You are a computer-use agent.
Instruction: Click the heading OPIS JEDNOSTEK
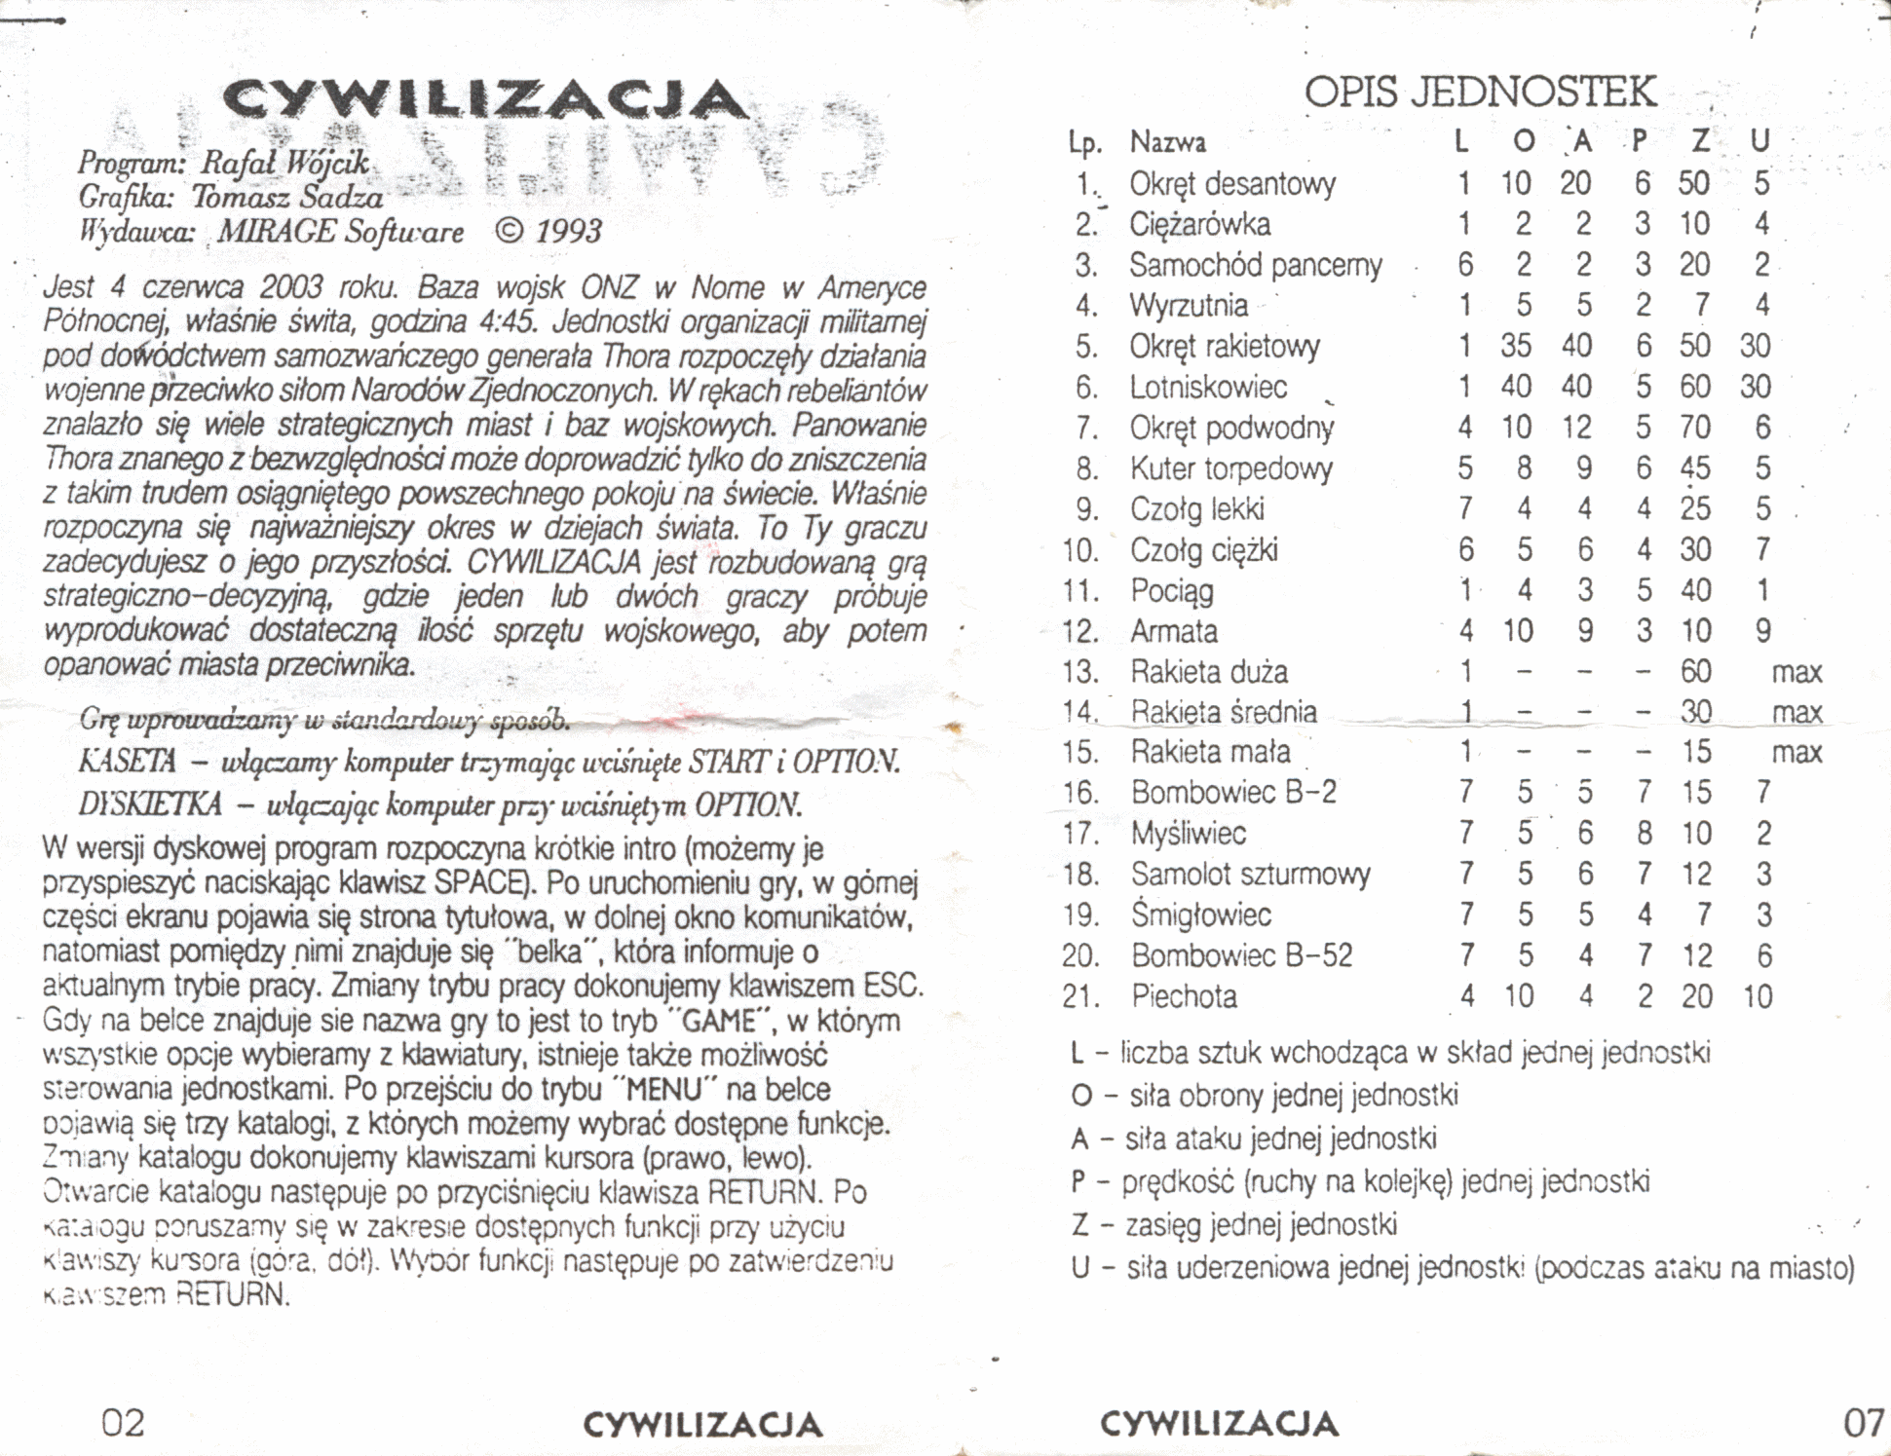1480,93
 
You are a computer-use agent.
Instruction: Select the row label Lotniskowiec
1208,388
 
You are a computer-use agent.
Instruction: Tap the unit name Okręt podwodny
1231,429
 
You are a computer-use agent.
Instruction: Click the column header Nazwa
1167,143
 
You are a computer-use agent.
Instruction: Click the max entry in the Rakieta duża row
1796,672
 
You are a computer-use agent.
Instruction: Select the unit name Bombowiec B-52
1241,956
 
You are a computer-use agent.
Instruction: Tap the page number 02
124,1424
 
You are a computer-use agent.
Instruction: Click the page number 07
1863,1424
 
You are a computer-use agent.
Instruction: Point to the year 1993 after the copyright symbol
568,232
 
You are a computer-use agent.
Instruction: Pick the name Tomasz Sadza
286,198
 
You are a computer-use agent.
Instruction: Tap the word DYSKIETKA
150,804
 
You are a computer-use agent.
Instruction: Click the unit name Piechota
1184,997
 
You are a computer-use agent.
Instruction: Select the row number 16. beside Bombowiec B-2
1080,794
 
